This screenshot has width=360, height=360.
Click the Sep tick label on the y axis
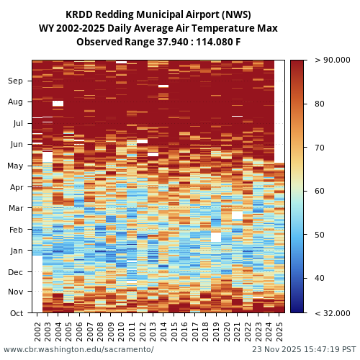[16, 81]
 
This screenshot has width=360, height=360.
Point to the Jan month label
[16, 251]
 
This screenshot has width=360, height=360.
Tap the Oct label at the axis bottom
[16, 313]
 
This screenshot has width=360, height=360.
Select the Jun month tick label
[16, 145]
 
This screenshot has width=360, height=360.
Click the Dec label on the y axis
[16, 272]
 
